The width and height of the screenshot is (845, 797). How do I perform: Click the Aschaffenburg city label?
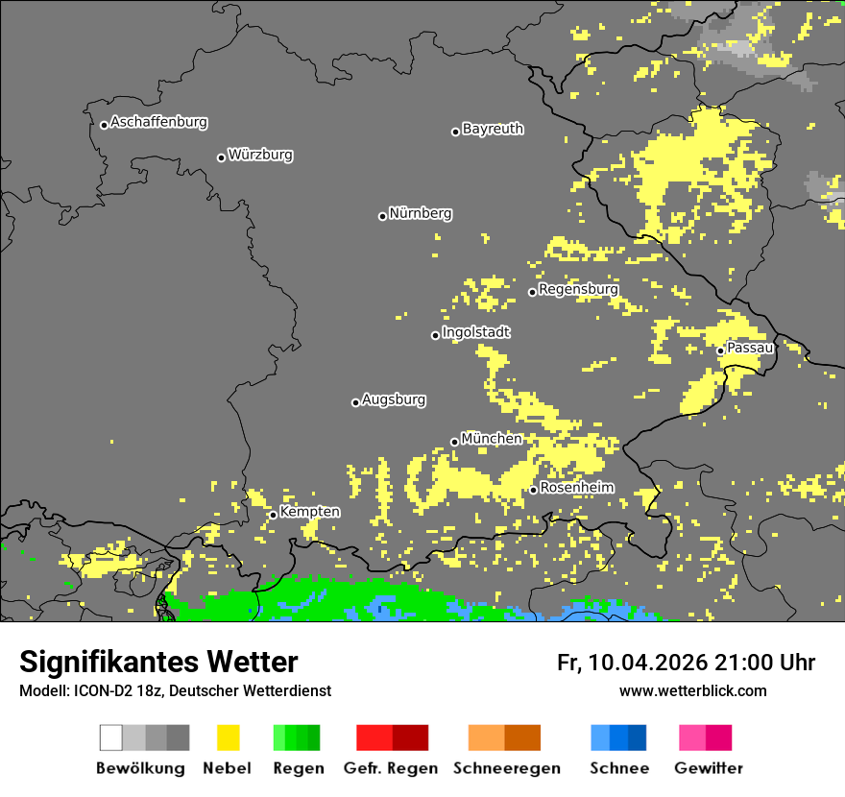(x=158, y=122)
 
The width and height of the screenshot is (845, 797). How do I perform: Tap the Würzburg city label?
(x=260, y=155)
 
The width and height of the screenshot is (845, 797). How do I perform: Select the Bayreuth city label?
(x=493, y=129)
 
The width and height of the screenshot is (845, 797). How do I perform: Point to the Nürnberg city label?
(x=421, y=213)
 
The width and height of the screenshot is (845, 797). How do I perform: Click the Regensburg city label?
(x=578, y=289)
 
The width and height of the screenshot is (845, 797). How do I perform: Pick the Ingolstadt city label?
(x=476, y=332)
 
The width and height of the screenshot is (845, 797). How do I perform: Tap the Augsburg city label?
(x=394, y=399)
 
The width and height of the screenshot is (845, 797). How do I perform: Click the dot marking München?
(x=455, y=442)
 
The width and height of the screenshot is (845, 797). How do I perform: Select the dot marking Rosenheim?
(x=534, y=490)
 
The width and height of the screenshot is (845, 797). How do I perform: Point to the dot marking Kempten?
(x=274, y=515)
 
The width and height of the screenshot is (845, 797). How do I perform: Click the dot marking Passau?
(x=721, y=350)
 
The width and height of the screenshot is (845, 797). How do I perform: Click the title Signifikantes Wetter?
(x=158, y=662)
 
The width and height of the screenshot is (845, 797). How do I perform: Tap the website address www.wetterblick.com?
(x=692, y=690)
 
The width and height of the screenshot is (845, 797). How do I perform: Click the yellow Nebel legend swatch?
(x=228, y=737)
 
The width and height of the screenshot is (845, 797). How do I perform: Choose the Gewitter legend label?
(x=709, y=768)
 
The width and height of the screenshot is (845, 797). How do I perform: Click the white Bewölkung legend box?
(x=111, y=737)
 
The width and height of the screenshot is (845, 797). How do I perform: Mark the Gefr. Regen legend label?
(x=390, y=768)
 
